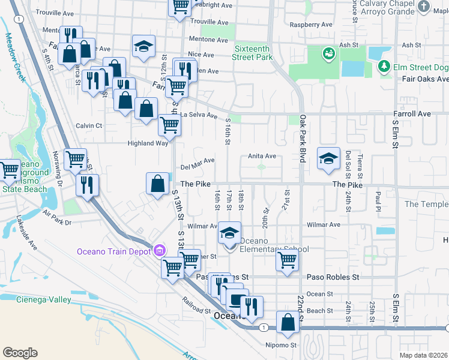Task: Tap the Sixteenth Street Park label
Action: [x=253, y=53]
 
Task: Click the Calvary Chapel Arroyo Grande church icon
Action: [x=424, y=7]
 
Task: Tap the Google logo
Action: [x=20, y=353]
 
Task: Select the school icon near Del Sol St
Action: [x=328, y=158]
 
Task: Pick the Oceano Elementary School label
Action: [x=274, y=250]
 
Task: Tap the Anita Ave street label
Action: [x=262, y=156]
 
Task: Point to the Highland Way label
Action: [x=147, y=143]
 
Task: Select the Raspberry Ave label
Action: [x=310, y=25]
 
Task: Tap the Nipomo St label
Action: [x=281, y=345]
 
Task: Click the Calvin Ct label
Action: [x=89, y=125]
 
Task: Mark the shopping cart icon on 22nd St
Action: [x=288, y=261]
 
